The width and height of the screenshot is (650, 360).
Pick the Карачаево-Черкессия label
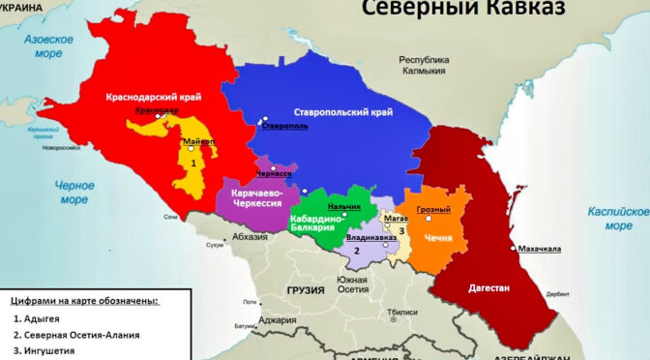pyautogui.click(x=256, y=200)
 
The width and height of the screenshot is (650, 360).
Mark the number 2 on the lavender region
pyautogui.click(x=357, y=251)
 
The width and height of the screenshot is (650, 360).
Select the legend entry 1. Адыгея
pyautogui.click(x=46, y=317)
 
